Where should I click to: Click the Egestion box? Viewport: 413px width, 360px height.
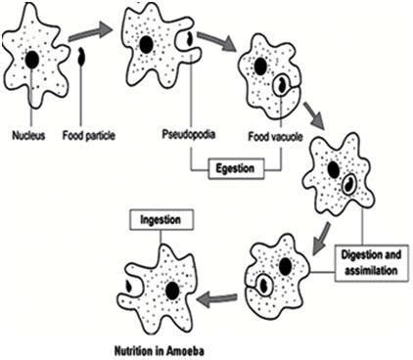235,168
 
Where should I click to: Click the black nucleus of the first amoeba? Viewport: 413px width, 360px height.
32,60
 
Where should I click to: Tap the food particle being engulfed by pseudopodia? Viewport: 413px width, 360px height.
189,40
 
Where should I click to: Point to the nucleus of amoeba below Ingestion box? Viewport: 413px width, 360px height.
171,291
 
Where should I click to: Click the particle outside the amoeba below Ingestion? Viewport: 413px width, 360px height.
127,288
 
